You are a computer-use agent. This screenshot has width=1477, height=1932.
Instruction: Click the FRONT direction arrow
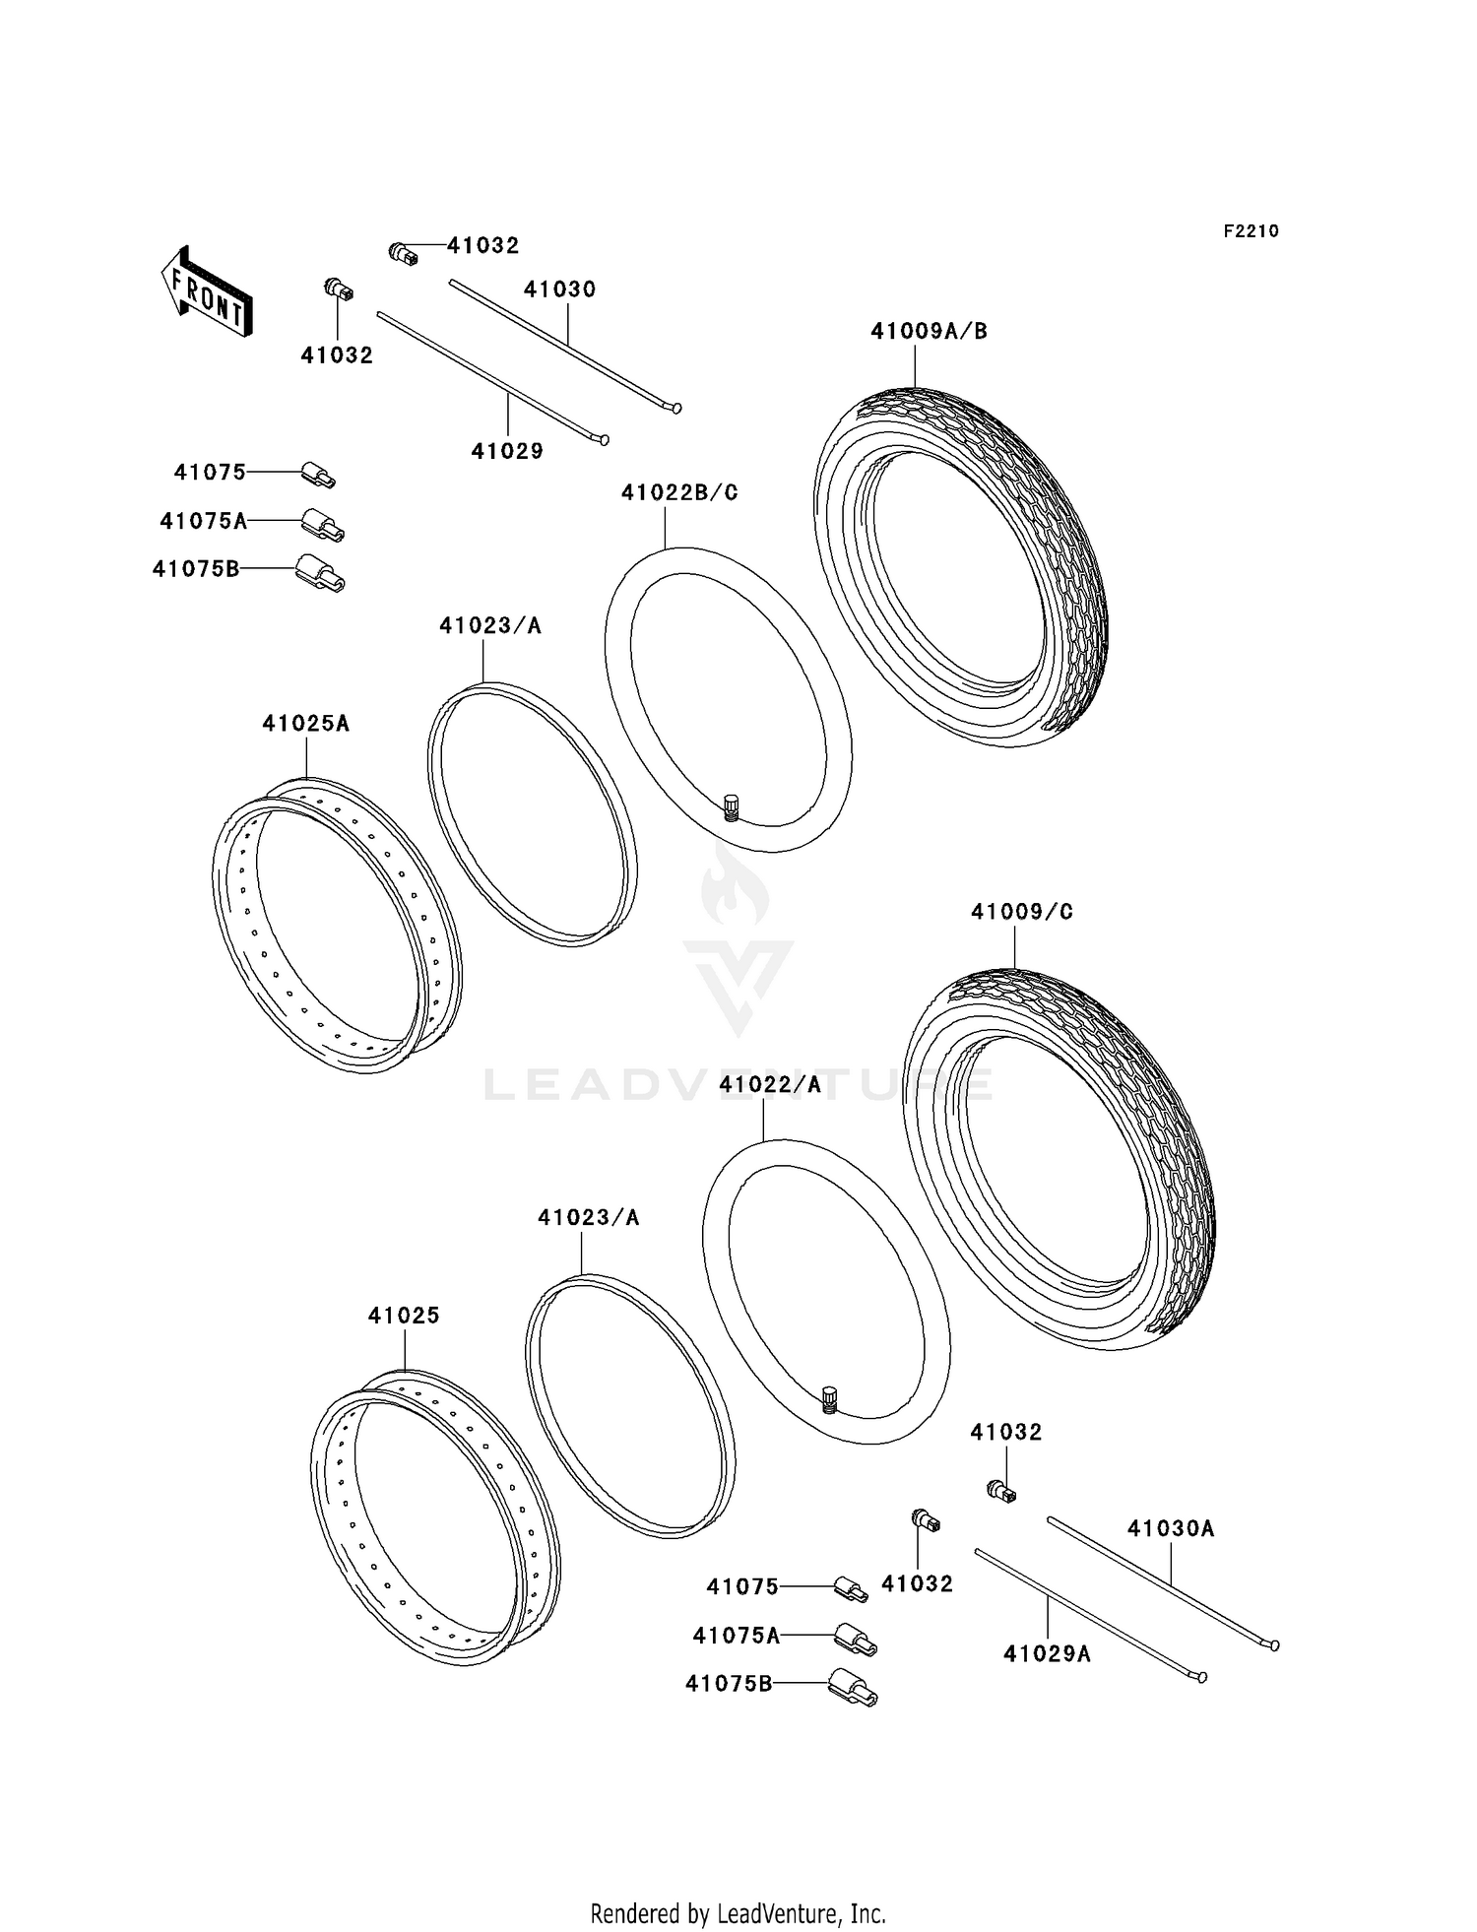pos(207,291)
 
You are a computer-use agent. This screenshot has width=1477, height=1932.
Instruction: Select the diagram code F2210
pos(1251,231)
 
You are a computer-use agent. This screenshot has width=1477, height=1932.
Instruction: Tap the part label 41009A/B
pos(928,332)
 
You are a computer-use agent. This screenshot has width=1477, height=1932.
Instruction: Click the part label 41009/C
pos(1021,912)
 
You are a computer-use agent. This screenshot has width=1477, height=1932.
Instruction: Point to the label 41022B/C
pos(678,492)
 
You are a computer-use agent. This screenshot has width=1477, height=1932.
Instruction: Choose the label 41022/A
pos(769,1084)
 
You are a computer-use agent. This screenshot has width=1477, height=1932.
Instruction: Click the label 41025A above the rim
pos(305,723)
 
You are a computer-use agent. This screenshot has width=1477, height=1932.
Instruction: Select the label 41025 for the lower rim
pos(404,1316)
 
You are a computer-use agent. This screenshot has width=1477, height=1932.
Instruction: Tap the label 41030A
pos(1170,1528)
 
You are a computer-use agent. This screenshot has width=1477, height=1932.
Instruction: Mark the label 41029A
pos(1046,1653)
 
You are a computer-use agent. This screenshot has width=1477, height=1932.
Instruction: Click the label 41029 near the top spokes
pos(507,451)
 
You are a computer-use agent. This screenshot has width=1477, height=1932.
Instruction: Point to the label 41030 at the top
pos(559,290)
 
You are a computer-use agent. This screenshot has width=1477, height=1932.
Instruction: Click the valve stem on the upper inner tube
pos(731,806)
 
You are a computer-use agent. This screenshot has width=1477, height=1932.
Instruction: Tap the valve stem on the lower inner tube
pos(829,1398)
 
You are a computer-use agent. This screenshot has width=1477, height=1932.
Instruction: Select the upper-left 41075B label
pos(196,568)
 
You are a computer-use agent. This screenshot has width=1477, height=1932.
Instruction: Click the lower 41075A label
pos(736,1636)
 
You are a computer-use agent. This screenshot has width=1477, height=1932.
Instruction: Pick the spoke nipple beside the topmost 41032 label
pos(403,253)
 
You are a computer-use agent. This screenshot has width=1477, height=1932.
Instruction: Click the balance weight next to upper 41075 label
pos(318,476)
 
